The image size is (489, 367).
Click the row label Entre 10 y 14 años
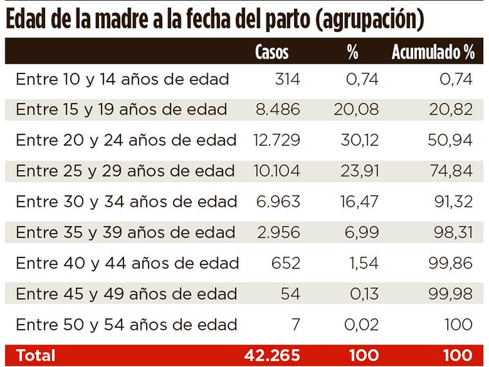122,79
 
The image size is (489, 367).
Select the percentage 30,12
356,140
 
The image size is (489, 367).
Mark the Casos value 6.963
277,202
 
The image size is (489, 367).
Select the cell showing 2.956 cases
277,232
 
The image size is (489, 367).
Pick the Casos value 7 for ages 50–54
295,324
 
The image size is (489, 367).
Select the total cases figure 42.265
272,355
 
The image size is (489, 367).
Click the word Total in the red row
35,355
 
